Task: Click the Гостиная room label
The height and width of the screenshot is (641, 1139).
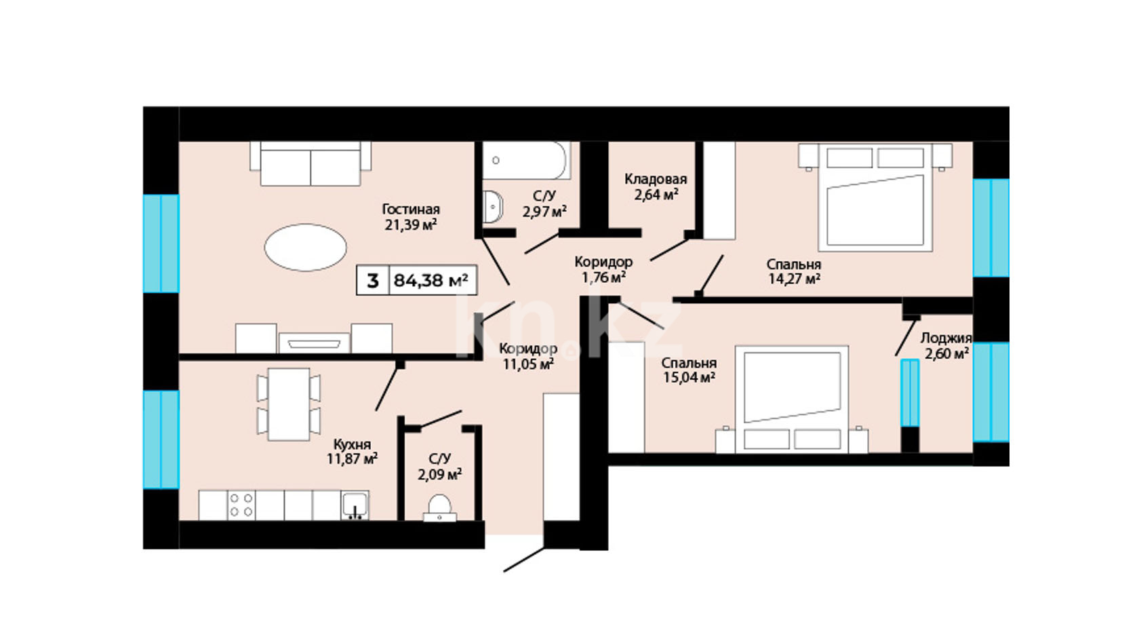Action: pos(411,209)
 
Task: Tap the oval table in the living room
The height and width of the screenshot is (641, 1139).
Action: pos(306,247)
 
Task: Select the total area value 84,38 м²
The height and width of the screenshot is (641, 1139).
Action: pos(431,280)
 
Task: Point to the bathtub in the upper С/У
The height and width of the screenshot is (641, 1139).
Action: pos(525,160)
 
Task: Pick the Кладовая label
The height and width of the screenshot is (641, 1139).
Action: pos(656,179)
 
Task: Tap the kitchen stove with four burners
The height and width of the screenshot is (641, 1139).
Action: pos(241,505)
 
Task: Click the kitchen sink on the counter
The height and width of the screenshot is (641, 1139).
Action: pos(355,505)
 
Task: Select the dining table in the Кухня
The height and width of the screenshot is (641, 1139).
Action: pos(289,404)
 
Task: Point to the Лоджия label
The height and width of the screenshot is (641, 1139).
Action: pos(946,338)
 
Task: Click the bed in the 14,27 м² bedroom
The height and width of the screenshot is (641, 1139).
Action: pos(875,197)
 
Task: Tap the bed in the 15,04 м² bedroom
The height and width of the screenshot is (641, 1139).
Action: pos(792,400)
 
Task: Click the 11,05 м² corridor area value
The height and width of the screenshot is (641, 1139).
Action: pos(528,364)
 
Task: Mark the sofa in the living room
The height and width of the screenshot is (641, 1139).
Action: pos(311,163)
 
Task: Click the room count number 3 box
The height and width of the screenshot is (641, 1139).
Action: pos(373,280)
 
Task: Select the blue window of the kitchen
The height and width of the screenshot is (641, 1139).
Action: pos(161,440)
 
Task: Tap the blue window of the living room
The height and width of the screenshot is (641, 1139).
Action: pos(161,244)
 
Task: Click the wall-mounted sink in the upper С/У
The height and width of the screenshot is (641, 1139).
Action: pos(492,206)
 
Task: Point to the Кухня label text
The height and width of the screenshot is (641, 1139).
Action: pos(353,445)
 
